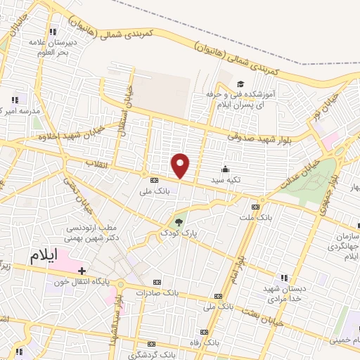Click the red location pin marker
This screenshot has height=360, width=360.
coord(181,166)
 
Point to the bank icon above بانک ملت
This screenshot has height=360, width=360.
coord(255,207)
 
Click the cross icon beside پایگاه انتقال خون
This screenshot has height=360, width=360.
coord(82,271)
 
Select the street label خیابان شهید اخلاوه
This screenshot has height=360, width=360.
coord(63,131)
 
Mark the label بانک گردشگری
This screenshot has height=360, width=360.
coord(148,352)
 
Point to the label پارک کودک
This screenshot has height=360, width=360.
coord(179,233)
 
